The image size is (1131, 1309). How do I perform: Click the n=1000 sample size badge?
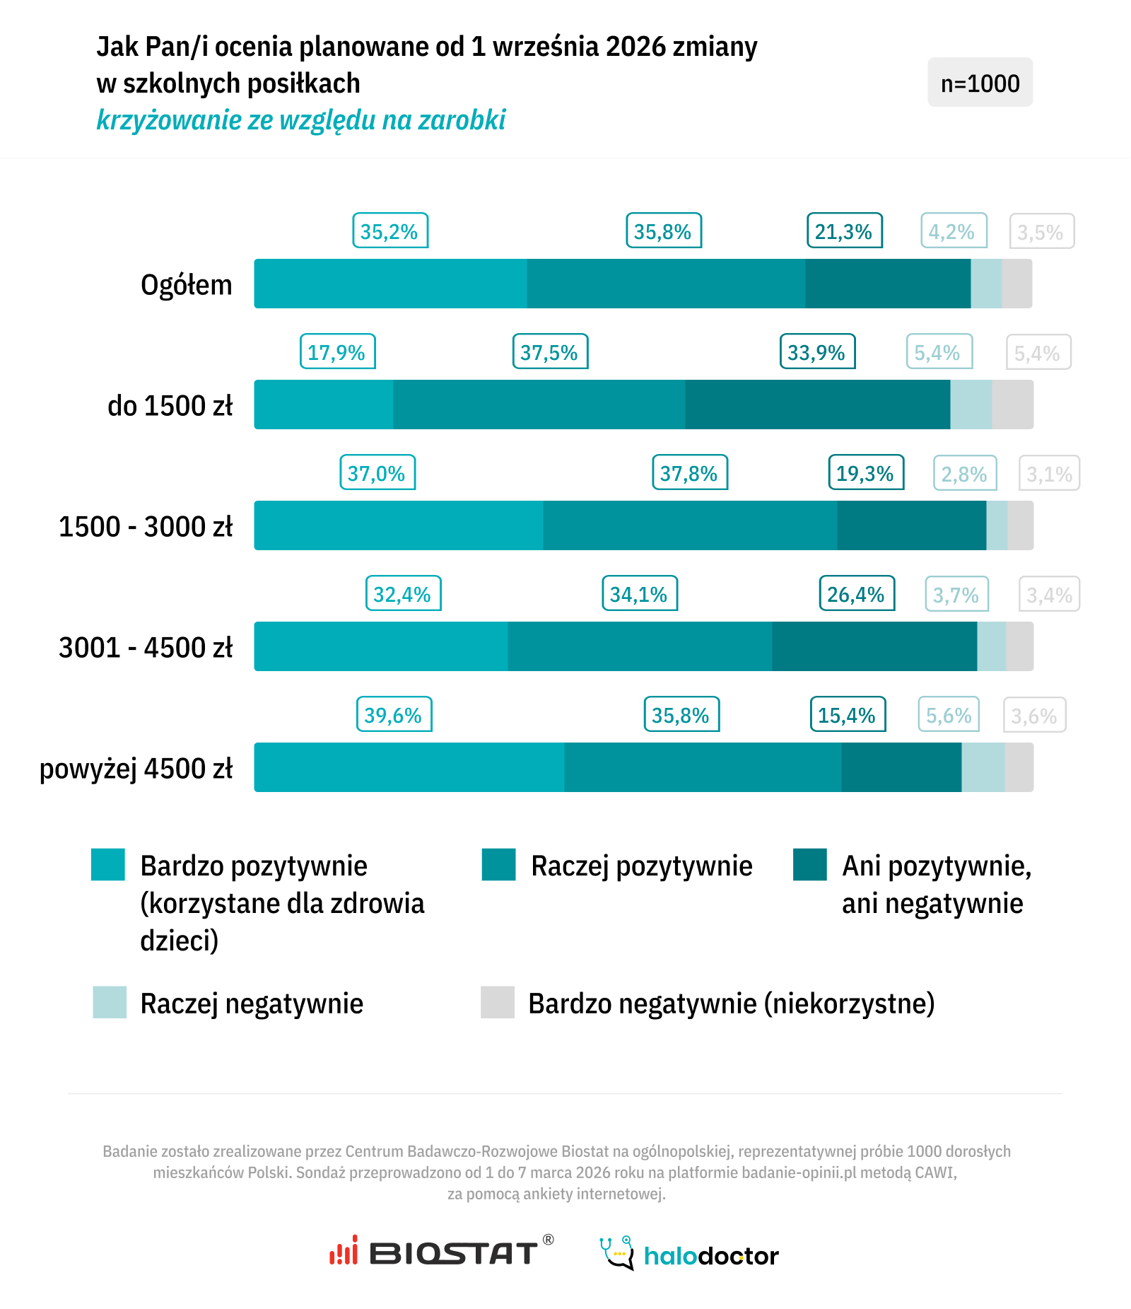click(980, 83)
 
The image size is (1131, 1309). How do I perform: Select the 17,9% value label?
click(337, 352)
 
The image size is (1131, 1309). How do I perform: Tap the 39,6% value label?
click(394, 715)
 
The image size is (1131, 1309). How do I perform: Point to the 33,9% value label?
click(817, 352)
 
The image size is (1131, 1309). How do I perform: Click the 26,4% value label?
click(857, 594)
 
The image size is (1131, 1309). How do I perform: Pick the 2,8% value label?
click(965, 474)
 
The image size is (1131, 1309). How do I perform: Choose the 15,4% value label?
click(848, 715)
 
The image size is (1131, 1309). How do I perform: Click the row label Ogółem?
click(187, 285)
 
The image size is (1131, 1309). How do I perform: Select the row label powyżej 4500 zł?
click(136, 769)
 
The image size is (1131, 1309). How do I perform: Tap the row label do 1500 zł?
click(170, 406)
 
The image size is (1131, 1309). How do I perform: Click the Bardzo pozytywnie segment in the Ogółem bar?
click(390, 284)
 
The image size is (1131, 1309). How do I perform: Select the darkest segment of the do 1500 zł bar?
click(817, 405)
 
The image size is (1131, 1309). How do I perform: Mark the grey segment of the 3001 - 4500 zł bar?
click(1019, 646)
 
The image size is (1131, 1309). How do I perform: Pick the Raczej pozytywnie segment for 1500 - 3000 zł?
click(690, 525)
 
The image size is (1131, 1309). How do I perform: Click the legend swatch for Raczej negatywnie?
click(110, 1002)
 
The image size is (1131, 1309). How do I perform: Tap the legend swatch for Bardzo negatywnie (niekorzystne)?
click(498, 1002)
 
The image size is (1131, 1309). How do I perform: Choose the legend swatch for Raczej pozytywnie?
click(498, 865)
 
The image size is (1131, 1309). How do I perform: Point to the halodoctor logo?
click(689, 1255)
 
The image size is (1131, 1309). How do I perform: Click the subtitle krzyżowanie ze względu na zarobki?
click(301, 120)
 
